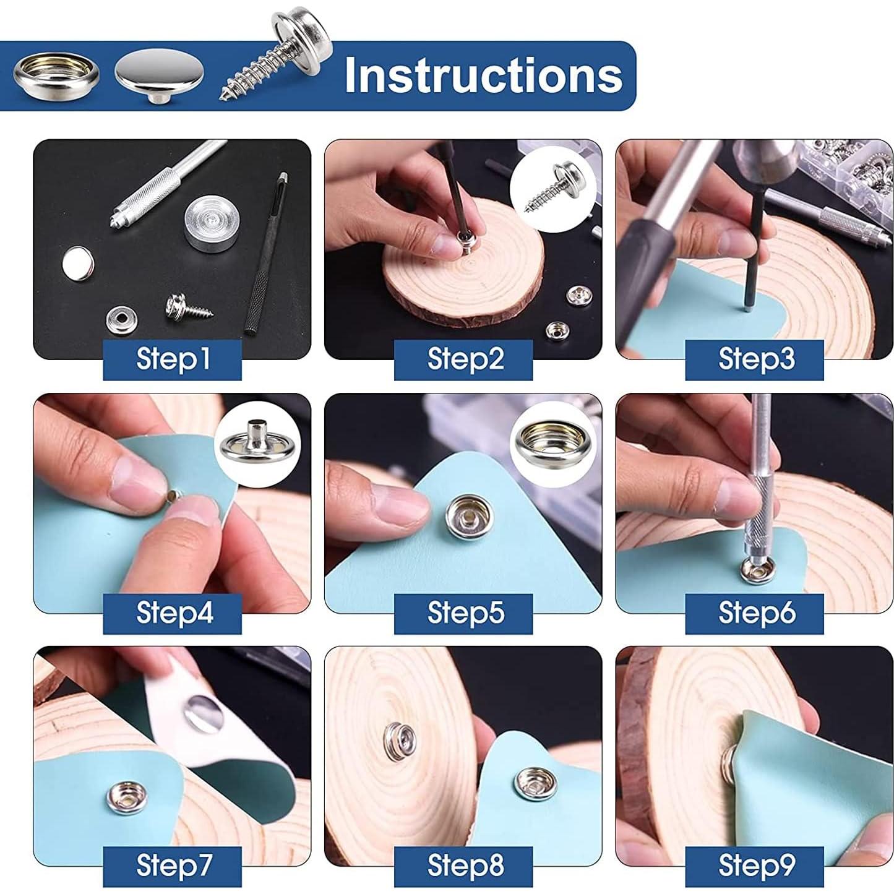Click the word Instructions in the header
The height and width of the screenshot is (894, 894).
coord(483,75)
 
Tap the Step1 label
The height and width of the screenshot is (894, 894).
coord(173,359)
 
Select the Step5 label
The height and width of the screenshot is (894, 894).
coord(464,612)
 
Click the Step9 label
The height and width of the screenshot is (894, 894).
coord(755,865)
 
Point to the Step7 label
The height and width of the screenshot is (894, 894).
coord(173,865)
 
